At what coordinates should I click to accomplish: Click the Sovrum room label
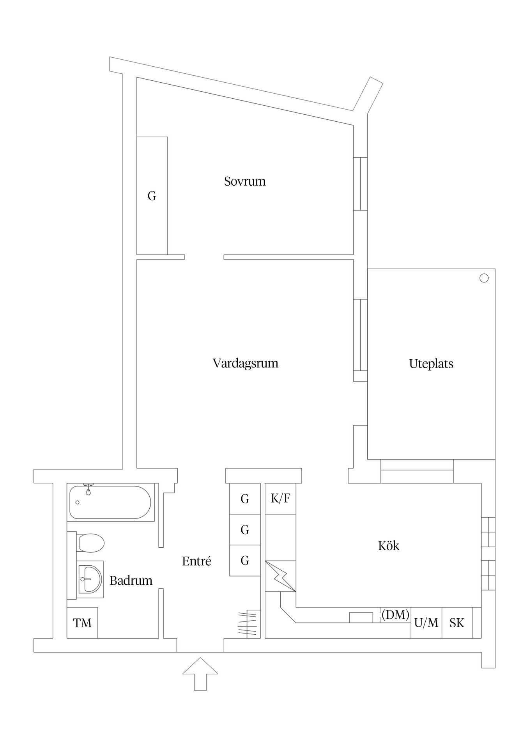245,181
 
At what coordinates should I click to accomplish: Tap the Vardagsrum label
245,363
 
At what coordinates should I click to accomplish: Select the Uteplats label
431,364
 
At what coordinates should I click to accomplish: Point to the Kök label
389,545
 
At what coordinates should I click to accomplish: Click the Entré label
196,561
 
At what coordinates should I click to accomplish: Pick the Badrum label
131,580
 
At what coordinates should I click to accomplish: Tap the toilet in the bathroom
90,543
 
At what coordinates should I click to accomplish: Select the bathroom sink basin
90,579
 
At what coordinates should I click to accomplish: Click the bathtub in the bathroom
110,502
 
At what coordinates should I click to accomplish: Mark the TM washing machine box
82,623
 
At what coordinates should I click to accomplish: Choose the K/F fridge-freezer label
280,498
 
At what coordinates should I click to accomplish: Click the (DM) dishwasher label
395,615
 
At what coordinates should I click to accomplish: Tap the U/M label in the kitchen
426,623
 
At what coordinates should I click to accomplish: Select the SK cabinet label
457,623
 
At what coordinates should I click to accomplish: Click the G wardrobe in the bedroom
152,195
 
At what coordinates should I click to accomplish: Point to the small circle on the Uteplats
484,278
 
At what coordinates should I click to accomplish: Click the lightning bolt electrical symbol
280,576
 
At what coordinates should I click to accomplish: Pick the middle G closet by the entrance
245,529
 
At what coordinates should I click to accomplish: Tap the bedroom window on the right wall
361,184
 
